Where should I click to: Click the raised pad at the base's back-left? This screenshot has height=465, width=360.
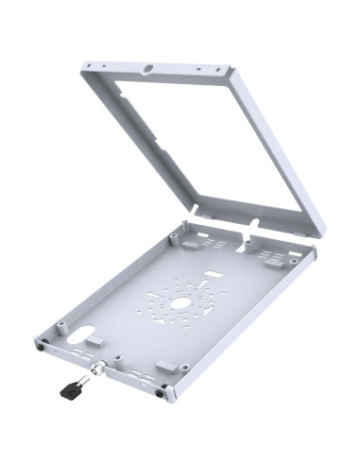pos(190,240)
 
